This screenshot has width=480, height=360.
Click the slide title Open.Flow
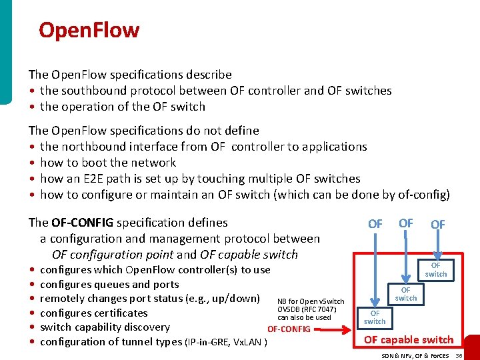click(89, 30)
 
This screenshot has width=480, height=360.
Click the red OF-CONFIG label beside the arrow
click(289, 329)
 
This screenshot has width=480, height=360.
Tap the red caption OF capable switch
click(408, 340)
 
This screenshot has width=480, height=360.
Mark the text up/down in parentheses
click(236, 299)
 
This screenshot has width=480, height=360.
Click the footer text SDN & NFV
click(398, 356)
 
